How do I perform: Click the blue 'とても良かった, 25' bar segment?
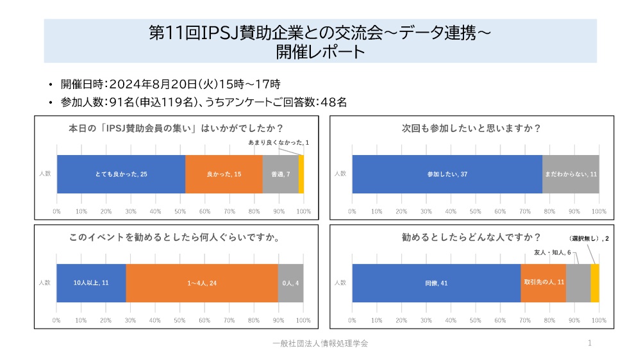[121, 174]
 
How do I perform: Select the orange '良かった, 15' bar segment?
[224, 174]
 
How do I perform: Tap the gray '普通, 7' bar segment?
[280, 174]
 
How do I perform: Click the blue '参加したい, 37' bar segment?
[447, 174]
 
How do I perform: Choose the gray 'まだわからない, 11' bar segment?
[570, 174]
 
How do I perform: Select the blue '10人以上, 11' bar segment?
[91, 282]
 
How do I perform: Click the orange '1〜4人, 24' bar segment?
[202, 282]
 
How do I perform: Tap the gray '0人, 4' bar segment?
[290, 282]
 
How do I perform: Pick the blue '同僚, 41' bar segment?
[436, 282]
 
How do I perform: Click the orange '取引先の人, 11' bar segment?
[544, 282]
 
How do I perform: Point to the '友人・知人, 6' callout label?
[552, 252]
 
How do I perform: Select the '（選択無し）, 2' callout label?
[589, 238]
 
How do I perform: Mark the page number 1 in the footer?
[590, 344]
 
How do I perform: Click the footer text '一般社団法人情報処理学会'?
[320, 344]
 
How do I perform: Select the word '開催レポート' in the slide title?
[320, 51]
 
